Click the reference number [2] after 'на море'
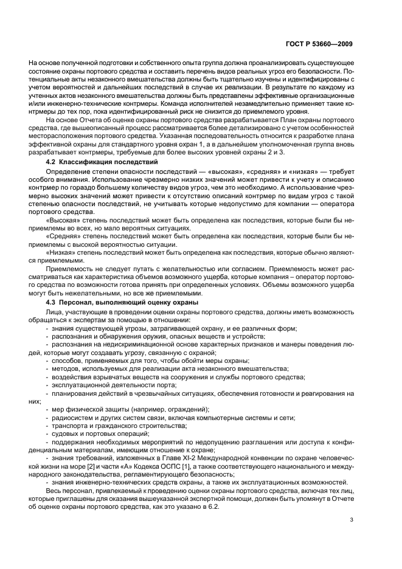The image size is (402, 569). click(x=92, y=464)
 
